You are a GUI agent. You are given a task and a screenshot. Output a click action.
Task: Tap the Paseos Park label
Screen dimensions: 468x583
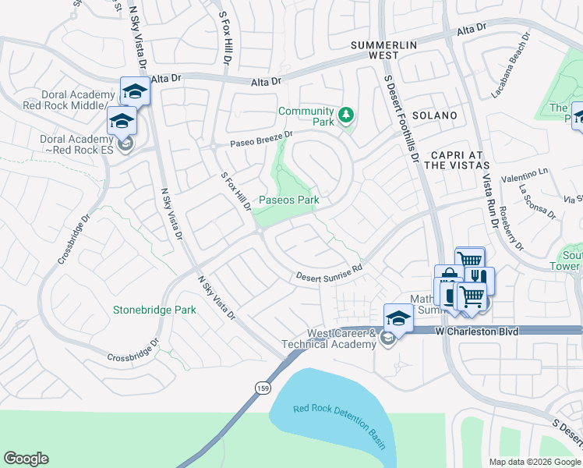pyautogui.click(x=289, y=200)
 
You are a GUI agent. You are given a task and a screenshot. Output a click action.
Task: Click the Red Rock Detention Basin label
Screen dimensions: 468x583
pyautogui.click(x=340, y=427)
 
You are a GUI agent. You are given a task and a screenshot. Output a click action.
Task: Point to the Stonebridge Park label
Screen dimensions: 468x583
pyautogui.click(x=154, y=310)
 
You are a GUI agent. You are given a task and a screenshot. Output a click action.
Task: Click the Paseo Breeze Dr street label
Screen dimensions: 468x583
pyautogui.click(x=260, y=139)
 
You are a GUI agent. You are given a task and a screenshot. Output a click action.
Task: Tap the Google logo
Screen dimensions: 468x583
pyautogui.click(x=26, y=459)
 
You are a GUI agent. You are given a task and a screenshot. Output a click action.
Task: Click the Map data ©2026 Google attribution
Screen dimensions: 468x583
pyautogui.click(x=535, y=462)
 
